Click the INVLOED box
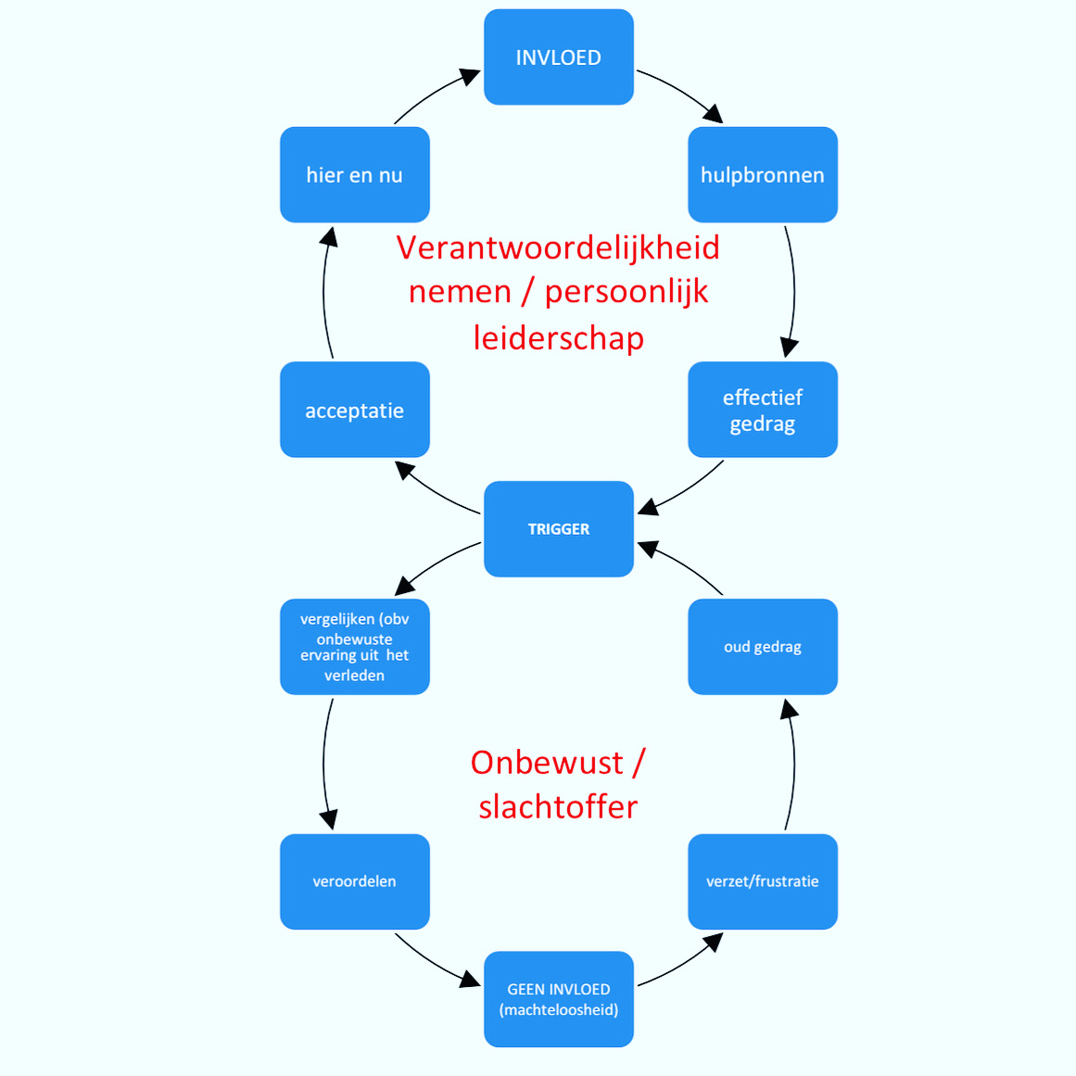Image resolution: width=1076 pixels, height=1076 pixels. click(559, 57)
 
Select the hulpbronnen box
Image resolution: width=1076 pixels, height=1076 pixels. click(763, 175)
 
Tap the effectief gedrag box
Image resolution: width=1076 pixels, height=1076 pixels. click(763, 410)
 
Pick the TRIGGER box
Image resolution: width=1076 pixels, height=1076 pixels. click(559, 529)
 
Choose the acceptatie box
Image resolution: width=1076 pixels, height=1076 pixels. click(355, 410)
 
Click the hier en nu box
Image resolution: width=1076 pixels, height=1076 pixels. click(355, 175)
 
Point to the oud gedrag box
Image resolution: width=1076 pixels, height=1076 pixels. click(763, 647)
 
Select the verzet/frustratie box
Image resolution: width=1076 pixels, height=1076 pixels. click(763, 881)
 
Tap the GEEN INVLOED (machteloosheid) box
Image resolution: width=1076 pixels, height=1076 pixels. click(559, 999)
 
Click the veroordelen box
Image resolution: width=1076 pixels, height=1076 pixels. click(355, 881)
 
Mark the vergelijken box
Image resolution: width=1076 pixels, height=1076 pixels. click(355, 647)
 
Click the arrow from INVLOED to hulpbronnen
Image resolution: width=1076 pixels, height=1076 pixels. click(682, 92)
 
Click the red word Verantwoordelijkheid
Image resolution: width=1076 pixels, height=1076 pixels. click(558, 247)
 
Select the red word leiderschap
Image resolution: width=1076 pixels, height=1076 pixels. click(558, 337)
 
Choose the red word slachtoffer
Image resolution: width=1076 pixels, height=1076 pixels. click(558, 806)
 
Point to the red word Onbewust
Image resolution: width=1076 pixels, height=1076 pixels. click(547, 762)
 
